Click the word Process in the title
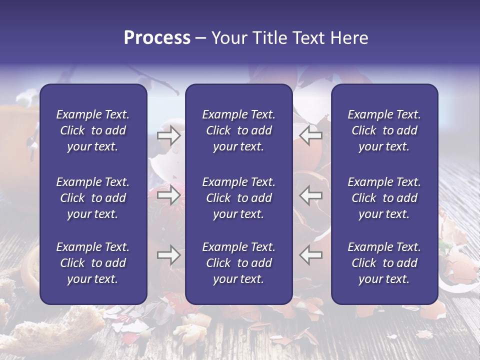click(x=157, y=38)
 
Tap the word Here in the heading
click(x=349, y=38)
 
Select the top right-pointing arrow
click(x=168, y=135)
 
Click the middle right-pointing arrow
click(x=168, y=194)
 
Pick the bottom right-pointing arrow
click(x=168, y=255)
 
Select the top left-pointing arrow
click(x=310, y=135)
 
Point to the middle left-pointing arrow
click(x=310, y=194)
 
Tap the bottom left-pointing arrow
click(x=310, y=255)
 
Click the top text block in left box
click(x=93, y=130)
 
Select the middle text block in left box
click(x=93, y=198)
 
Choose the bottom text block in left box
click(x=93, y=263)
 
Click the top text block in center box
click(x=238, y=130)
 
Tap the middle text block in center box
click(x=238, y=198)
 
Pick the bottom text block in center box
click(x=238, y=263)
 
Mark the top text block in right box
click(x=384, y=130)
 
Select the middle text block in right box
click(x=384, y=198)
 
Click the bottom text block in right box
click(x=384, y=263)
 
